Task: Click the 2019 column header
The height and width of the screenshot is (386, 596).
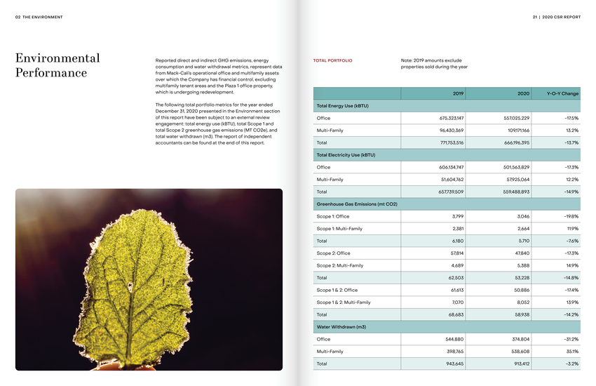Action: (458, 93)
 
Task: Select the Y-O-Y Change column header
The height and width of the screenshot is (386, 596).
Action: (563, 93)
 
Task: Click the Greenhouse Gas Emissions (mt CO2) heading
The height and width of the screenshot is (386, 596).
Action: (357, 204)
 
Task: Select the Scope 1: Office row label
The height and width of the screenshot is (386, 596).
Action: (333, 216)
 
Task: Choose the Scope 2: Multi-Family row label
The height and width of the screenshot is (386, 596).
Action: (340, 265)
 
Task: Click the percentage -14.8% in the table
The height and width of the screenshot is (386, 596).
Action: (570, 278)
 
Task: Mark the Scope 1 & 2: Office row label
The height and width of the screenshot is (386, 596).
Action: (337, 290)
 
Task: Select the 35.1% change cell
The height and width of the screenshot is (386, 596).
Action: (571, 352)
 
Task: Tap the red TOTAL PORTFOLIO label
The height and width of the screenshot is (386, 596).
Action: (332, 61)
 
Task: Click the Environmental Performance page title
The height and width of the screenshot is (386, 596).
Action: (57, 65)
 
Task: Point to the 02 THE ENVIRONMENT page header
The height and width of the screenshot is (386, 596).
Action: (39, 17)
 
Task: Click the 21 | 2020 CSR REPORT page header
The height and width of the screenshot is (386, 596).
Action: (556, 17)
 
